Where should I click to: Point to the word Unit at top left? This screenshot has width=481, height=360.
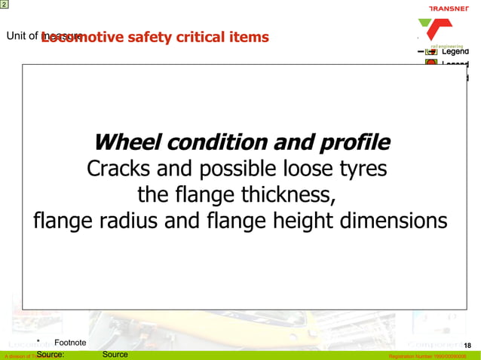[x=17, y=35]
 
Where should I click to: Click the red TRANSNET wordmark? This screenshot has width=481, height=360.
[x=450, y=8]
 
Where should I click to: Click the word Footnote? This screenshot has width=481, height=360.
[x=70, y=343]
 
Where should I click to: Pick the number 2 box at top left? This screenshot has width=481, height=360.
[x=5, y=5]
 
